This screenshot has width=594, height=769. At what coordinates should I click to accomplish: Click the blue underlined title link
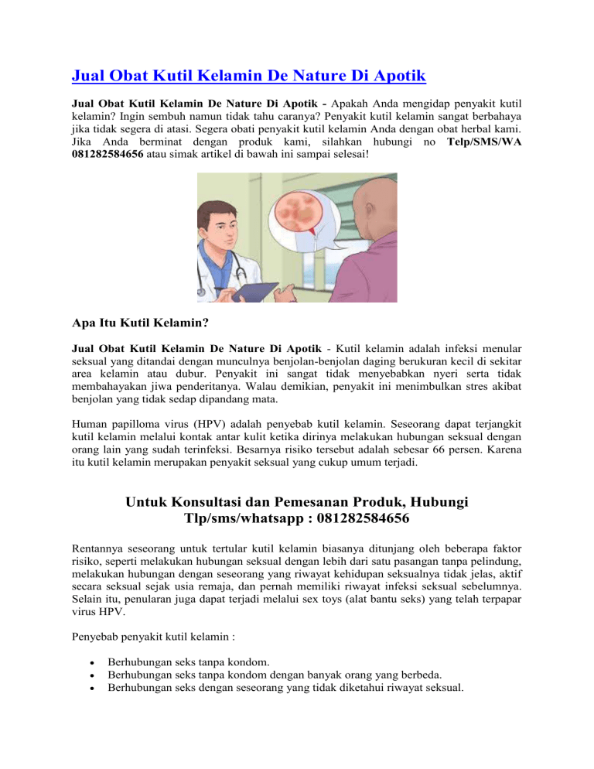pyautogui.click(x=249, y=76)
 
